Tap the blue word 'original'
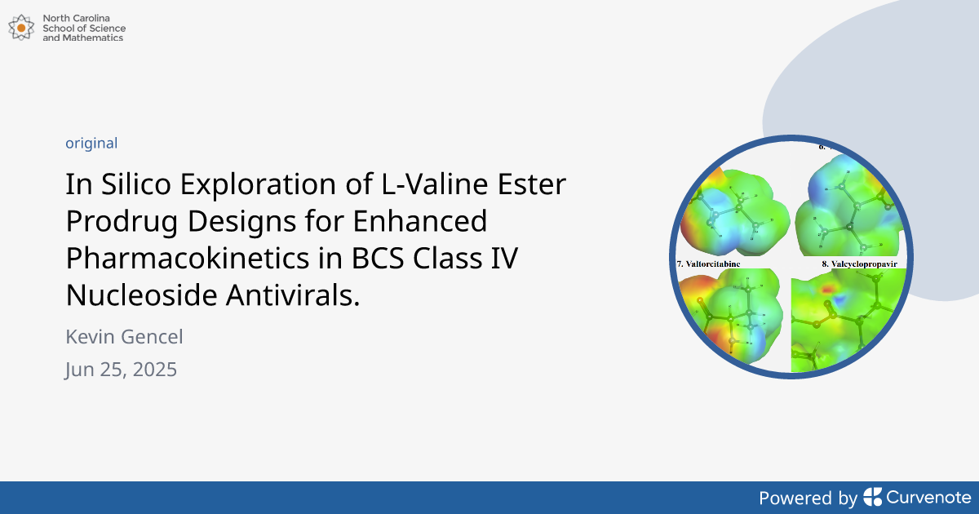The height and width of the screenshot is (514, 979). pos(91,143)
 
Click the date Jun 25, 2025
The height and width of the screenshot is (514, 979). pos(121,370)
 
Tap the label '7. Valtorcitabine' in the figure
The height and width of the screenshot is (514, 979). pos(709,264)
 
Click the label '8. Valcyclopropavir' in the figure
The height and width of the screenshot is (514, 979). pos(853,264)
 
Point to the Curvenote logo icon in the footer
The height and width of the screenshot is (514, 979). pos(872,497)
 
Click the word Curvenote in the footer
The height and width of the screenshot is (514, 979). pos(928,497)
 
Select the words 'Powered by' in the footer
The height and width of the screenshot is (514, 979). pos(808,498)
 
